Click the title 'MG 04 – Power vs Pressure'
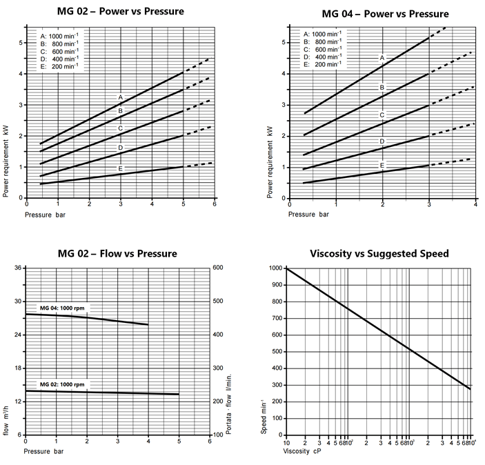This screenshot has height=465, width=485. click(x=385, y=14)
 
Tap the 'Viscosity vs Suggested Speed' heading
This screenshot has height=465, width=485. click(x=379, y=253)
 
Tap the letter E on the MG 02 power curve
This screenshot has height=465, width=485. click(x=120, y=168)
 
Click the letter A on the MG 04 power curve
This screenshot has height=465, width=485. click(x=382, y=58)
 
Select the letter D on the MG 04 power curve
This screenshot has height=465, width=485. click(x=382, y=141)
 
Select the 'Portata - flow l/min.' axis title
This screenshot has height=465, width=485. click(x=228, y=406)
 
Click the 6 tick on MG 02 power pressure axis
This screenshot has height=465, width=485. click(x=215, y=204)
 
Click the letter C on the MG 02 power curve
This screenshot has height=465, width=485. click(x=120, y=128)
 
